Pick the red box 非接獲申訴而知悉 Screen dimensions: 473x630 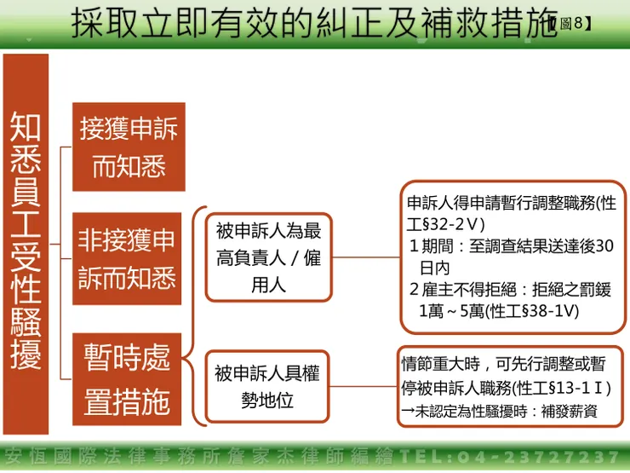[128, 257]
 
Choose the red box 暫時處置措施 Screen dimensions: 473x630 [128, 378]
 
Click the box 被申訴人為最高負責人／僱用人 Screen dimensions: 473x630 [268, 257]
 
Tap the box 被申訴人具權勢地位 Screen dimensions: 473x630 [266, 386]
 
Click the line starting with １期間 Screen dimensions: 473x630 [511, 246]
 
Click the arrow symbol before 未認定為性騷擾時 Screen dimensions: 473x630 [408, 412]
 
